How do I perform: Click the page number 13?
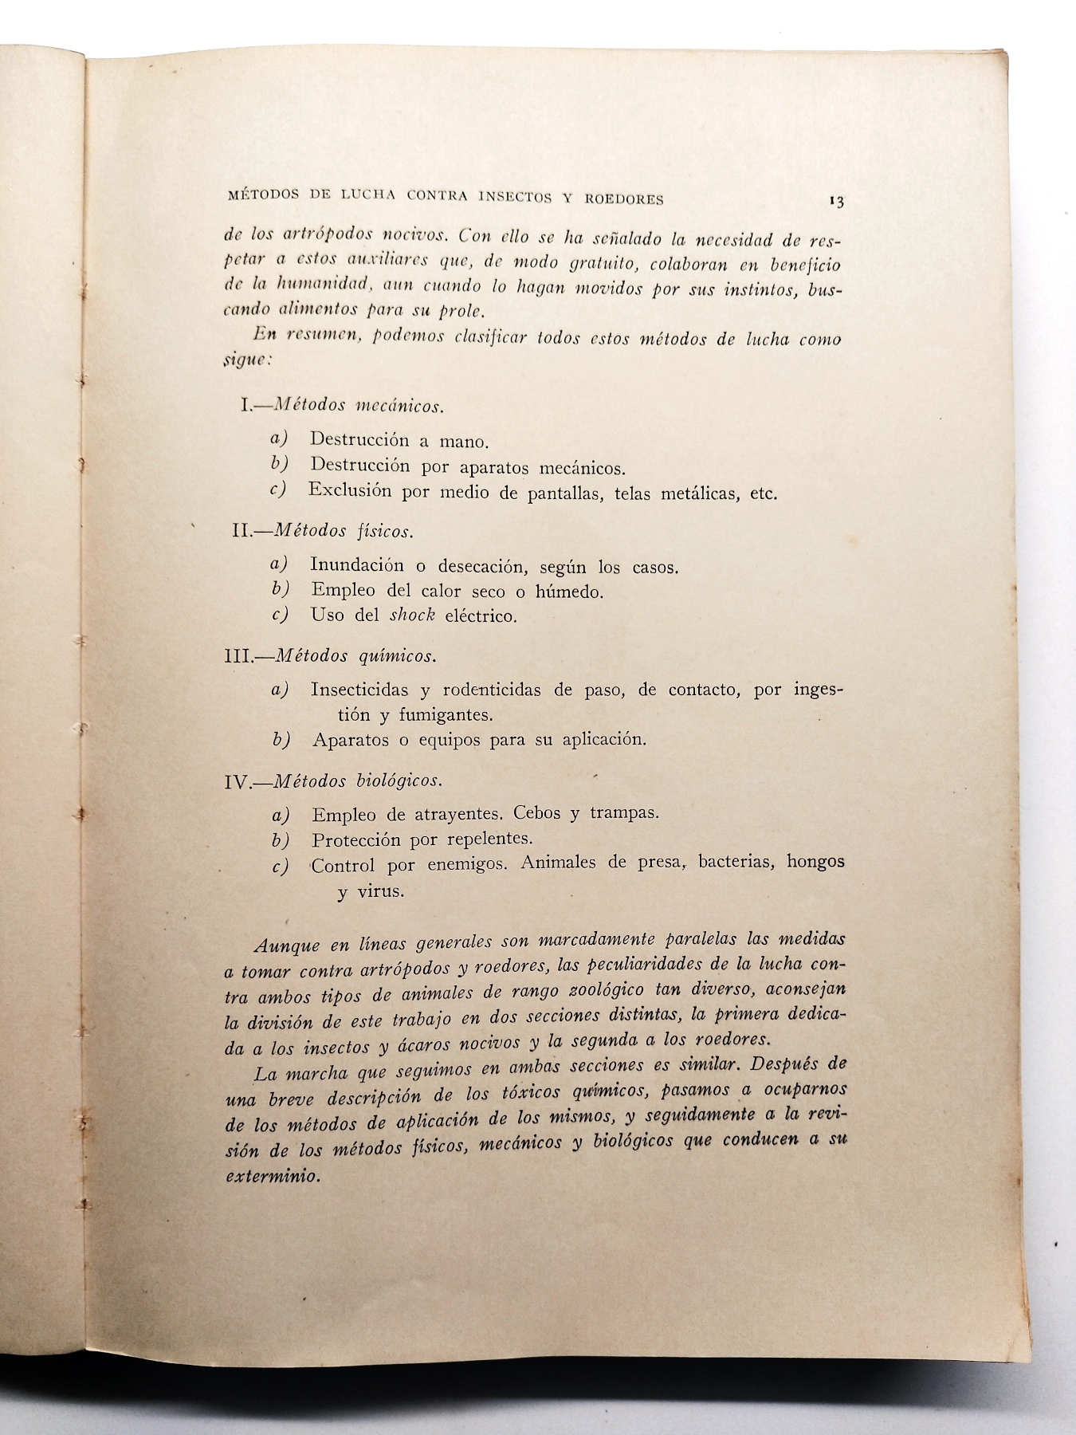point(836,202)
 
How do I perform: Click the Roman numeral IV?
point(238,782)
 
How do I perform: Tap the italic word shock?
point(412,615)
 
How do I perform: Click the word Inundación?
point(358,565)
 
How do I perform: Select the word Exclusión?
point(350,490)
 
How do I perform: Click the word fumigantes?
point(448,714)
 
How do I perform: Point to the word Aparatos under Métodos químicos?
point(350,740)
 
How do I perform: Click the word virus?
point(380,891)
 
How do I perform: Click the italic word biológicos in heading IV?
point(399,781)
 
